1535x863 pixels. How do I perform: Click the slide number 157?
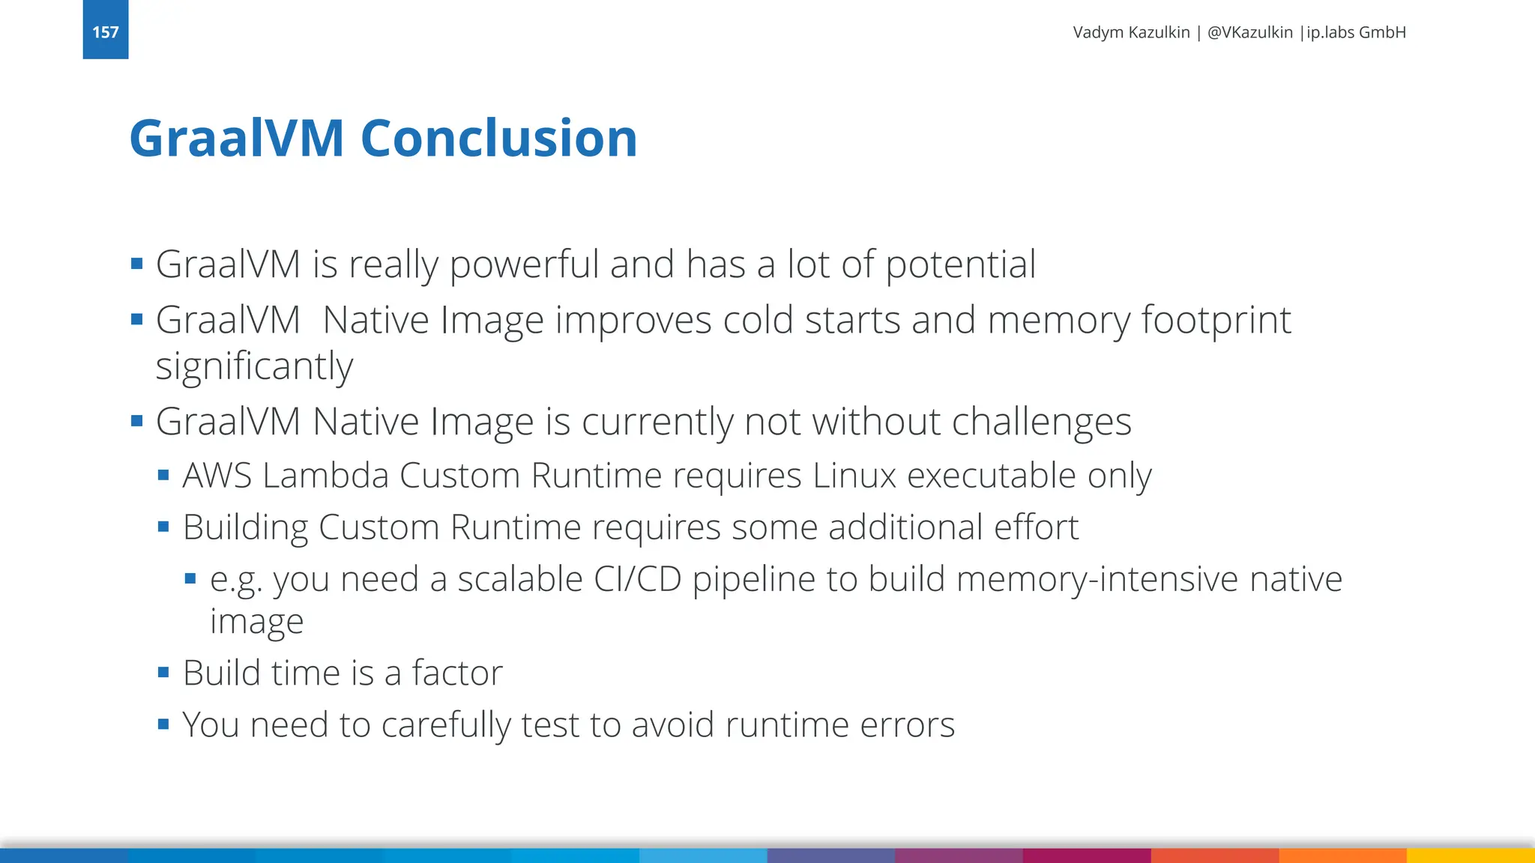[106, 32]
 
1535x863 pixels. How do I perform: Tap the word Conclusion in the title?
[498, 139]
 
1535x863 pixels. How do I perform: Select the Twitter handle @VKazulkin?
[1249, 32]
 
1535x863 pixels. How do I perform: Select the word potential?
[961, 264]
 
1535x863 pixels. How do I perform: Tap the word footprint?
[1216, 321]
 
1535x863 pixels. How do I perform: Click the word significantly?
[254, 367]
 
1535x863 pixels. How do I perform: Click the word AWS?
[217, 476]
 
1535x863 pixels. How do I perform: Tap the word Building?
[245, 527]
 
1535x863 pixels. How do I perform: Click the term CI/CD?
[637, 579]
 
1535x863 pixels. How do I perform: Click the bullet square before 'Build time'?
[163, 672]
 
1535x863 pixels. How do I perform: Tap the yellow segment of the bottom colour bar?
[1471, 856]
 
